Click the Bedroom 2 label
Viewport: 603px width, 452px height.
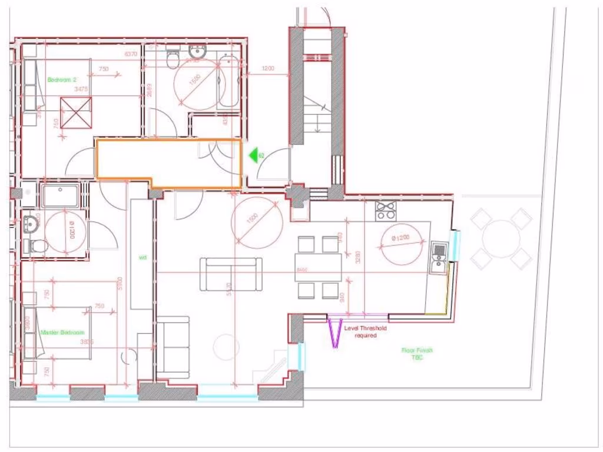click(62, 79)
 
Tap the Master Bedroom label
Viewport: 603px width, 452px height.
click(62, 333)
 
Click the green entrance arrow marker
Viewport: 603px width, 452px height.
click(254, 155)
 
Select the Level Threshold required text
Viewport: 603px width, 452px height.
click(366, 332)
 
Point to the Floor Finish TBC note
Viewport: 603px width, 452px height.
click(417, 354)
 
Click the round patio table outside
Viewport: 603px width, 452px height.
click(501, 238)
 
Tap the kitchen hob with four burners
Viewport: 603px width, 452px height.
click(385, 210)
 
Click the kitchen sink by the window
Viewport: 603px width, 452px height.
click(439, 258)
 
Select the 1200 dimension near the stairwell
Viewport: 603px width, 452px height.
click(267, 69)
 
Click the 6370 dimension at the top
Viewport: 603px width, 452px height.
click(131, 54)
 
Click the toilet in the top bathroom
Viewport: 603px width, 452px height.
click(173, 58)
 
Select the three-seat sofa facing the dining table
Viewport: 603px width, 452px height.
click(231, 274)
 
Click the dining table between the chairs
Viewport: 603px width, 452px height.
click(318, 268)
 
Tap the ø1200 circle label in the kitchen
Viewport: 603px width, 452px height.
click(400, 238)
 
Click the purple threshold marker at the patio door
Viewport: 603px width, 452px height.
click(334, 333)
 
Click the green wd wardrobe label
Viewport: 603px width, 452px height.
click(142, 257)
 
